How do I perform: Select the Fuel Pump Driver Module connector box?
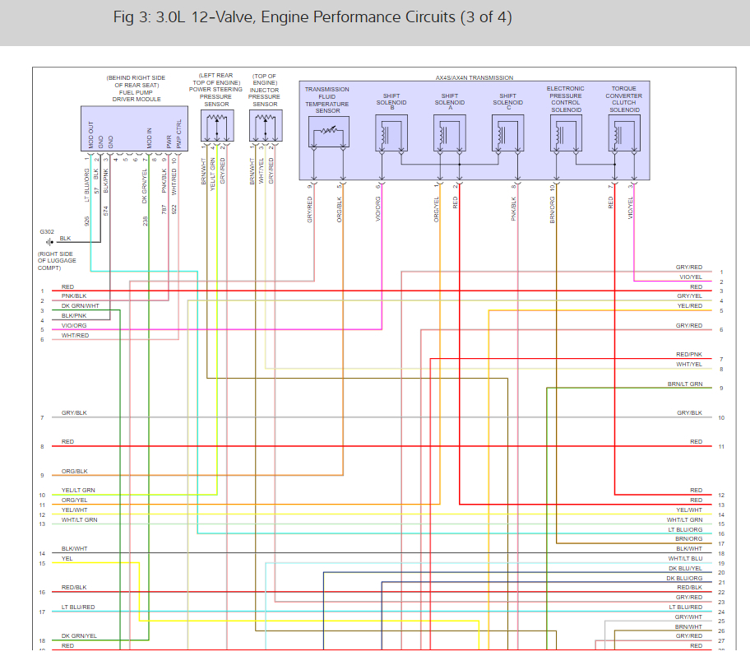click(x=134, y=129)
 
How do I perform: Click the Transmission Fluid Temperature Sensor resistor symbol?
click(x=327, y=133)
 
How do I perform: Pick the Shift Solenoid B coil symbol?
click(x=391, y=133)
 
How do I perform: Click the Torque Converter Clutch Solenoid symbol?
click(x=624, y=133)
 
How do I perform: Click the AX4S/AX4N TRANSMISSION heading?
click(x=474, y=77)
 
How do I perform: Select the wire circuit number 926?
click(x=86, y=221)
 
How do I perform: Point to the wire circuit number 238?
click(x=146, y=221)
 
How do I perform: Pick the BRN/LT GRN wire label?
click(x=684, y=384)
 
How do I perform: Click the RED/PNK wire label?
click(x=688, y=355)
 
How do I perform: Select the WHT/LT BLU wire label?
click(x=685, y=559)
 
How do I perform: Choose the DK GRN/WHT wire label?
click(x=81, y=306)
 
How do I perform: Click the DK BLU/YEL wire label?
click(x=685, y=569)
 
